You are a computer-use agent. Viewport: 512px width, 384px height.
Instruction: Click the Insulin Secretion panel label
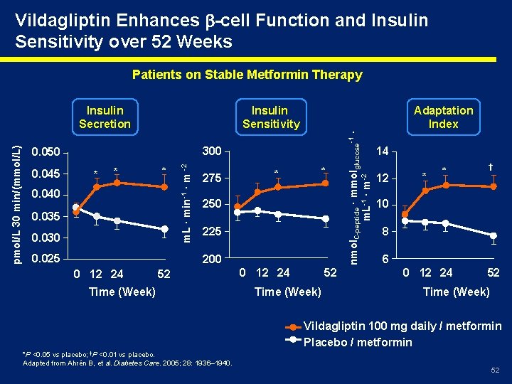[105, 117]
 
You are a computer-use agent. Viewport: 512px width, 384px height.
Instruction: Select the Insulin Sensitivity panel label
[270, 117]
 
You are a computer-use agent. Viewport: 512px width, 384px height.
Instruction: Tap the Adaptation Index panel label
[443, 117]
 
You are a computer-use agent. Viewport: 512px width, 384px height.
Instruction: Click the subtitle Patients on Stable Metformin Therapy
[247, 75]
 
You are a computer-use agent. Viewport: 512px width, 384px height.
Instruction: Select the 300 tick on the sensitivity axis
[213, 151]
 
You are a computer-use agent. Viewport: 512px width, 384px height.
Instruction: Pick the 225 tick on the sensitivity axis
[213, 232]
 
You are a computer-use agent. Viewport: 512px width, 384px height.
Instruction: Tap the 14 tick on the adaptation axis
[383, 151]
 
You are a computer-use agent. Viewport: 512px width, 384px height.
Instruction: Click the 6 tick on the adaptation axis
[385, 260]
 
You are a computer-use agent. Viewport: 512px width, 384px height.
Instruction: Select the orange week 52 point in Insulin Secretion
[164, 186]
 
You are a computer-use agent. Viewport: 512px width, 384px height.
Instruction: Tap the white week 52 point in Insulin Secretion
[164, 228]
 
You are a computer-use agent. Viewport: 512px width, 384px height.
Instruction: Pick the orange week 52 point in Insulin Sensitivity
[326, 183]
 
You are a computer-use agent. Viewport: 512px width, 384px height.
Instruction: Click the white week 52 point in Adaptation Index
[493, 235]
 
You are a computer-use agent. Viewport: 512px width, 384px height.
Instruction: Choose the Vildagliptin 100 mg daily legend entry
[402, 326]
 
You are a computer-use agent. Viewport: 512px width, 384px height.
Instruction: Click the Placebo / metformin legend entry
[358, 342]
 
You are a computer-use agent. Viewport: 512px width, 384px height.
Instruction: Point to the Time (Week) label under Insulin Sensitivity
[287, 292]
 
